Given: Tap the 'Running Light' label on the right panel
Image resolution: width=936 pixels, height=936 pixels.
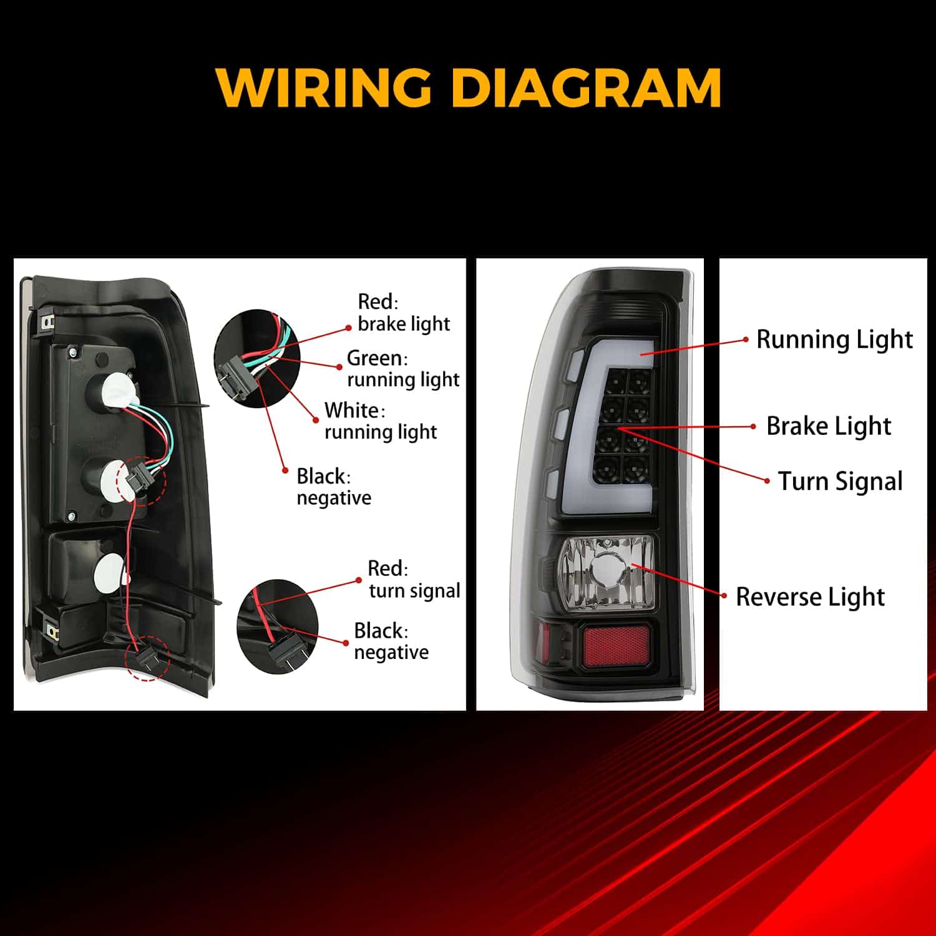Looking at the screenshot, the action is point(834,340).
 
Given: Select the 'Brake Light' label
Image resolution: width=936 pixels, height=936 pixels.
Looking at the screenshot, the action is point(829,427).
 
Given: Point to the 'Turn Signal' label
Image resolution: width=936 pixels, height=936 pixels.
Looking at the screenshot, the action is point(840,482).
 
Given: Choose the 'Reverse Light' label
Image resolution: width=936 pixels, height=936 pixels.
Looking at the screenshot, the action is point(810,597).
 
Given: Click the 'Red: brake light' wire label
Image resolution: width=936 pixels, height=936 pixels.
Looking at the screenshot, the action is point(404,313).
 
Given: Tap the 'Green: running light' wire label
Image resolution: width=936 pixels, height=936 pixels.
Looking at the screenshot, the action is point(403,369).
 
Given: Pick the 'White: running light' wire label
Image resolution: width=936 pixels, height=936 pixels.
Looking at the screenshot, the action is point(381,421).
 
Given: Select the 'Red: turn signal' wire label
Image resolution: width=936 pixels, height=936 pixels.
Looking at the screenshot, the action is point(414,579).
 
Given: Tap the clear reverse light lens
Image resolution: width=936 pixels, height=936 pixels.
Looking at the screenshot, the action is point(607,572).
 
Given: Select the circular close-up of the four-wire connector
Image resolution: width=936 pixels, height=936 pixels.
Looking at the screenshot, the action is point(257,359).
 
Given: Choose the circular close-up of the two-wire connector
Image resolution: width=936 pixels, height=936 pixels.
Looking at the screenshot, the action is point(277,626).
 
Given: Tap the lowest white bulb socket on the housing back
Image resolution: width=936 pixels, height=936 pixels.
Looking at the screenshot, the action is point(111,570).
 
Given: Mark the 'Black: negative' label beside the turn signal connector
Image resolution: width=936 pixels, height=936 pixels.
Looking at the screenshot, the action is point(391,641).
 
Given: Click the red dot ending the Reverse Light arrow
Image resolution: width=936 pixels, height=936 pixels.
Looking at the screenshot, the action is point(724,596).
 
